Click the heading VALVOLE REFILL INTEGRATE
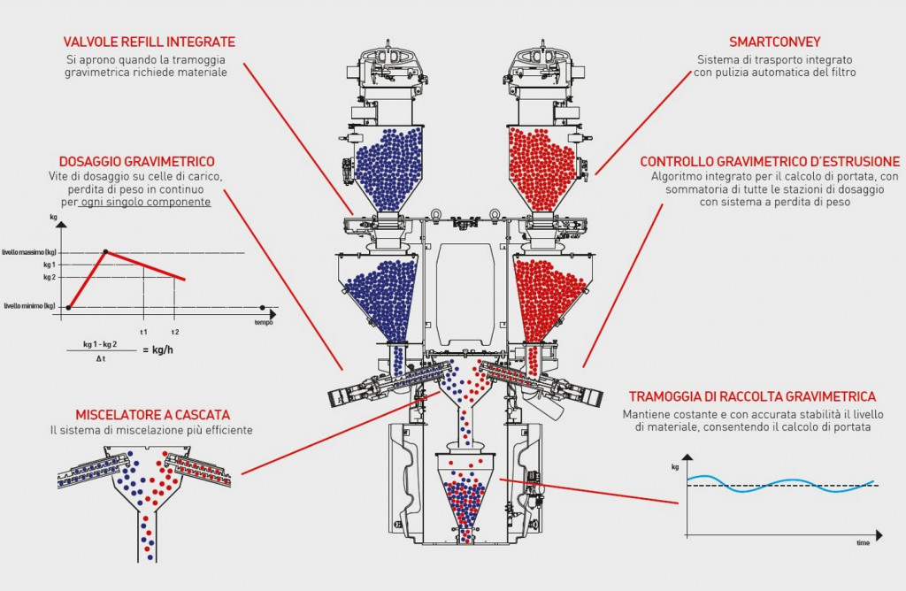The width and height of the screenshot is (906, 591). coord(149,42)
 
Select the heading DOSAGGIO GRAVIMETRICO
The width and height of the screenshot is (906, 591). coord(136,162)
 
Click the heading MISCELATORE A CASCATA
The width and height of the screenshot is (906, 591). coord(153,414)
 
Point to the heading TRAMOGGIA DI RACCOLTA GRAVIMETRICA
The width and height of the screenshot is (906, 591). coord(752,396)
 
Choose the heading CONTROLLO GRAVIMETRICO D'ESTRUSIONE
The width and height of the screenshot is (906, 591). coord(770,162)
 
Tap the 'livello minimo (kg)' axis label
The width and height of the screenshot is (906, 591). coord(28,306)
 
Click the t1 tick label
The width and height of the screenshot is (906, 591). coord(142,332)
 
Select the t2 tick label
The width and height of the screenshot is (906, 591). coord(174,332)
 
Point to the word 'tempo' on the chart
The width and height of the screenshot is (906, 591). coord(264,323)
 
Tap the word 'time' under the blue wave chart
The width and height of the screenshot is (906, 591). coord(863,546)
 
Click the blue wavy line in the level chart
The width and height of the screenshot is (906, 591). coord(779,484)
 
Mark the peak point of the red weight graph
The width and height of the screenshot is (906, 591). coord(105,251)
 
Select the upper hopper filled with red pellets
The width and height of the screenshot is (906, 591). coord(541,168)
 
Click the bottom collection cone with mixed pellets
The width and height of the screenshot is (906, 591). coord(465,500)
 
